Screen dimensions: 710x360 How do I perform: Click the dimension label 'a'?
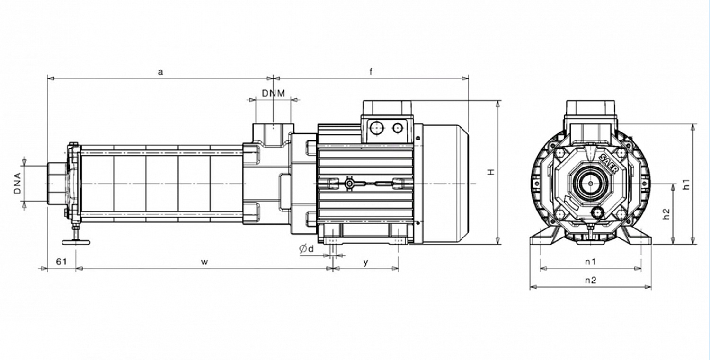[x=160, y=72]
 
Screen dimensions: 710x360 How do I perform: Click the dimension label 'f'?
[x=371, y=71]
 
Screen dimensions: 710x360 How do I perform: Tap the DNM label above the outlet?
[x=273, y=93]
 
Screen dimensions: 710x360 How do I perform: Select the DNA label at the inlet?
[x=18, y=183]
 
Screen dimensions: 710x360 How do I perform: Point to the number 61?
[x=62, y=262]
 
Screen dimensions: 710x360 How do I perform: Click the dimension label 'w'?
[x=205, y=262]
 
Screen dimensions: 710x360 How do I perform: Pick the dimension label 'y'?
[x=366, y=263]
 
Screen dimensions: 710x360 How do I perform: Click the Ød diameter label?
[x=307, y=249]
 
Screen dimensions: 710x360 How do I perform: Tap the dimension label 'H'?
[x=491, y=172]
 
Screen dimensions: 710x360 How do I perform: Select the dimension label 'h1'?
[x=686, y=184]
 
